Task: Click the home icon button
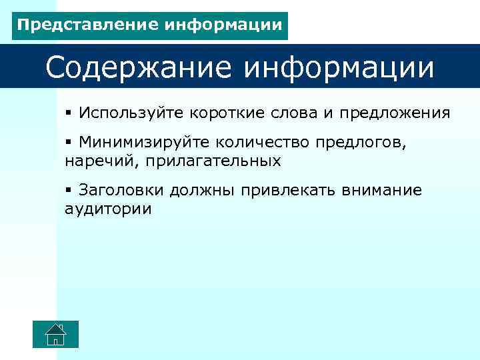pos(55,334)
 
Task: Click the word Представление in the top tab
pos(79,25)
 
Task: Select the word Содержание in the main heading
pos(137,67)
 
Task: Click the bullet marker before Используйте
pos(69,113)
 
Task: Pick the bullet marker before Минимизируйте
pos(69,142)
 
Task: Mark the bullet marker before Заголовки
pos(69,190)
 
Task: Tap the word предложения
pos(395,113)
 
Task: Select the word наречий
pos(92,161)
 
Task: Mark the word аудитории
pos(108,209)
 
